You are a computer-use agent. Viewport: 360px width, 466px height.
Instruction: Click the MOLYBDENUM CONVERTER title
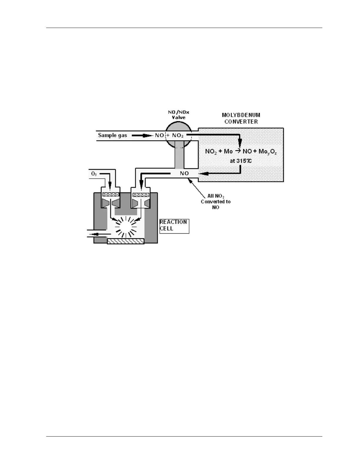(241, 118)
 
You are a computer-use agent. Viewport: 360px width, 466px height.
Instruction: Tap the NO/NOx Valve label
(179, 115)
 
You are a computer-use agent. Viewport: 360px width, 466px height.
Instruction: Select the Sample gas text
(112, 135)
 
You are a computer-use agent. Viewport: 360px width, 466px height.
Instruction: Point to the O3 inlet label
(94, 174)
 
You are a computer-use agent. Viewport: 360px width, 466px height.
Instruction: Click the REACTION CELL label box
(174, 226)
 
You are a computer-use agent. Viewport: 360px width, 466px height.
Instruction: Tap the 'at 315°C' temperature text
(241, 161)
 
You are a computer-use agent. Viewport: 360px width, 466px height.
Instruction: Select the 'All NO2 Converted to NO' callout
(216, 202)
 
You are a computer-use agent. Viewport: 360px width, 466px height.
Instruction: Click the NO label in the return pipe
(184, 173)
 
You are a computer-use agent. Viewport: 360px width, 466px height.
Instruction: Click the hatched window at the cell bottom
(126, 241)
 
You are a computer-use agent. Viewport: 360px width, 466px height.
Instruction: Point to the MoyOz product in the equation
(267, 152)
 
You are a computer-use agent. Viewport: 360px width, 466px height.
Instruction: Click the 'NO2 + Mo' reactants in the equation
(219, 152)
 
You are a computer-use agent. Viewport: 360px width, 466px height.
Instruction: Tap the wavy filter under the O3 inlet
(111, 194)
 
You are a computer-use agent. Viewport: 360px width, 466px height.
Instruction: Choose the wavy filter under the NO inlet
(141, 194)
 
